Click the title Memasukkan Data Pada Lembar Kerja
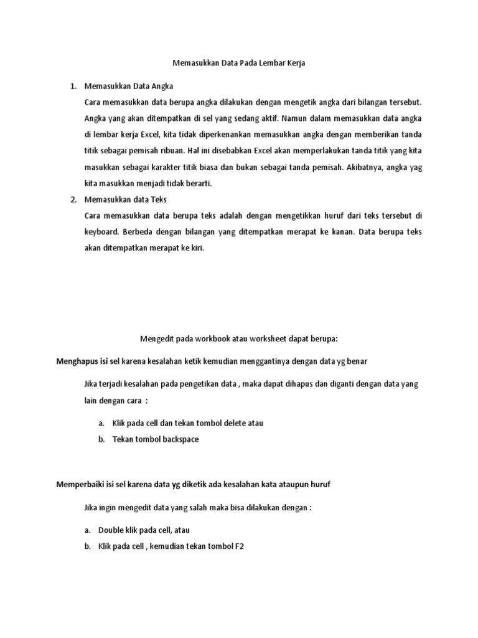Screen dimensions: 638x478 pyautogui.click(x=239, y=63)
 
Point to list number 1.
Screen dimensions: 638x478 pyautogui.click(x=73, y=85)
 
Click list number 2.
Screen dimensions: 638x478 pyautogui.click(x=73, y=200)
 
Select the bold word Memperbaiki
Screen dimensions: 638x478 pyautogui.click(x=82, y=484)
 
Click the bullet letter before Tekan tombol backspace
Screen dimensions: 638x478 pyautogui.click(x=101, y=439)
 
